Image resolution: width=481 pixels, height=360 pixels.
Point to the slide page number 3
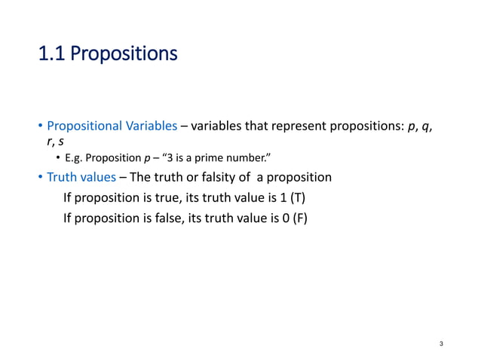(441, 344)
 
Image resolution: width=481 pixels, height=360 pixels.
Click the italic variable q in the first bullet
(427, 126)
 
